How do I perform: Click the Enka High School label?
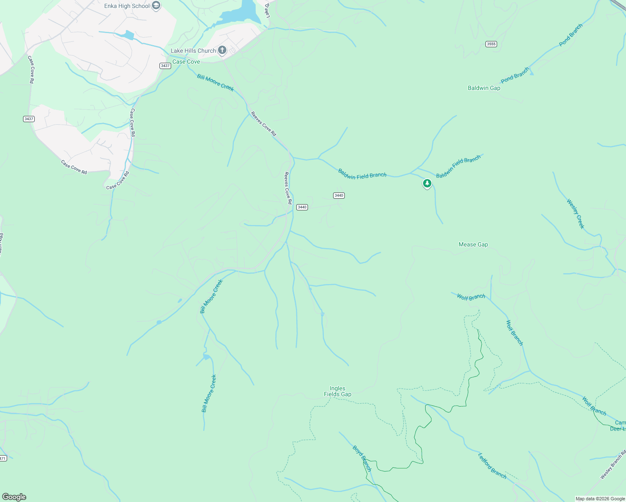[127, 6]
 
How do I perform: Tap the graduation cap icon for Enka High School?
[156, 6]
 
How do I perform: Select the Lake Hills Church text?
[193, 51]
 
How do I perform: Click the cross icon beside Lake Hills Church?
[222, 51]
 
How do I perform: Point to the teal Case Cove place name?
[186, 61]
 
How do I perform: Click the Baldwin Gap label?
[484, 88]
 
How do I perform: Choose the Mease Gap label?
[473, 244]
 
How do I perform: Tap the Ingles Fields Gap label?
[337, 391]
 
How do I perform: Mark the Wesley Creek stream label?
[575, 214]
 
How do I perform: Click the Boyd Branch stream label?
[362, 458]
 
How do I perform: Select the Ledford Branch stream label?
[493, 466]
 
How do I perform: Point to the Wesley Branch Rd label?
[613, 465]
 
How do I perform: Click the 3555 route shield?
[491, 44]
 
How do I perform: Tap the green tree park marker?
[427, 183]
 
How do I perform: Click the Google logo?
[14, 497]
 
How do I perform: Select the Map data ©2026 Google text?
[600, 499]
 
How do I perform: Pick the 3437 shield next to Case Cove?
[165, 66]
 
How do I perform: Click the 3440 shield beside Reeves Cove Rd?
[302, 207]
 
